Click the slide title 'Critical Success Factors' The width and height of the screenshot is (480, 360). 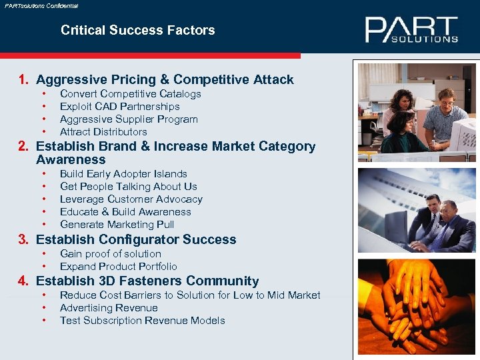pyautogui.click(x=137, y=30)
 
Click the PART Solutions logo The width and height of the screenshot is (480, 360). pyautogui.click(x=411, y=30)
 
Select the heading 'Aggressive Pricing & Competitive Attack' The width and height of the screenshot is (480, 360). pyautogui.click(x=165, y=79)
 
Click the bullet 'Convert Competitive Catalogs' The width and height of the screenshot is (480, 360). pyautogui.click(x=130, y=94)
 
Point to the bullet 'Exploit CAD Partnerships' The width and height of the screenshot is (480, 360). pyautogui.click(x=119, y=107)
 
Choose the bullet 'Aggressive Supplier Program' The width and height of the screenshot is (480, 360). pyautogui.click(x=129, y=119)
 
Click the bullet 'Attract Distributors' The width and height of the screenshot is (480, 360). pyautogui.click(x=103, y=132)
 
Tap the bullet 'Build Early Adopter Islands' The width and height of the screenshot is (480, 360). pyautogui.click(x=123, y=174)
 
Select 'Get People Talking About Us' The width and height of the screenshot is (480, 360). pyautogui.click(x=128, y=187)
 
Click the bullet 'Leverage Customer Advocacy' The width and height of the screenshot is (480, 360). pyautogui.click(x=131, y=199)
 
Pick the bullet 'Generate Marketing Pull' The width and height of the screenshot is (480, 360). pyautogui.click(x=117, y=225)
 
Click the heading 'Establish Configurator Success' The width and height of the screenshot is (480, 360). pyautogui.click(x=136, y=239)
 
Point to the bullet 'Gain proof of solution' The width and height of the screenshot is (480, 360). pyautogui.click(x=110, y=254)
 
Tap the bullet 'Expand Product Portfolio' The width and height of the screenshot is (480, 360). pyautogui.click(x=118, y=267)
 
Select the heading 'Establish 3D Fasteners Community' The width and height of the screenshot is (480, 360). pyautogui.click(x=147, y=281)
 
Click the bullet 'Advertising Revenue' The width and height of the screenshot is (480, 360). pyautogui.click(x=109, y=308)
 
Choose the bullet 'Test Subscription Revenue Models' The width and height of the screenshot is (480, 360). pyautogui.click(x=142, y=321)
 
